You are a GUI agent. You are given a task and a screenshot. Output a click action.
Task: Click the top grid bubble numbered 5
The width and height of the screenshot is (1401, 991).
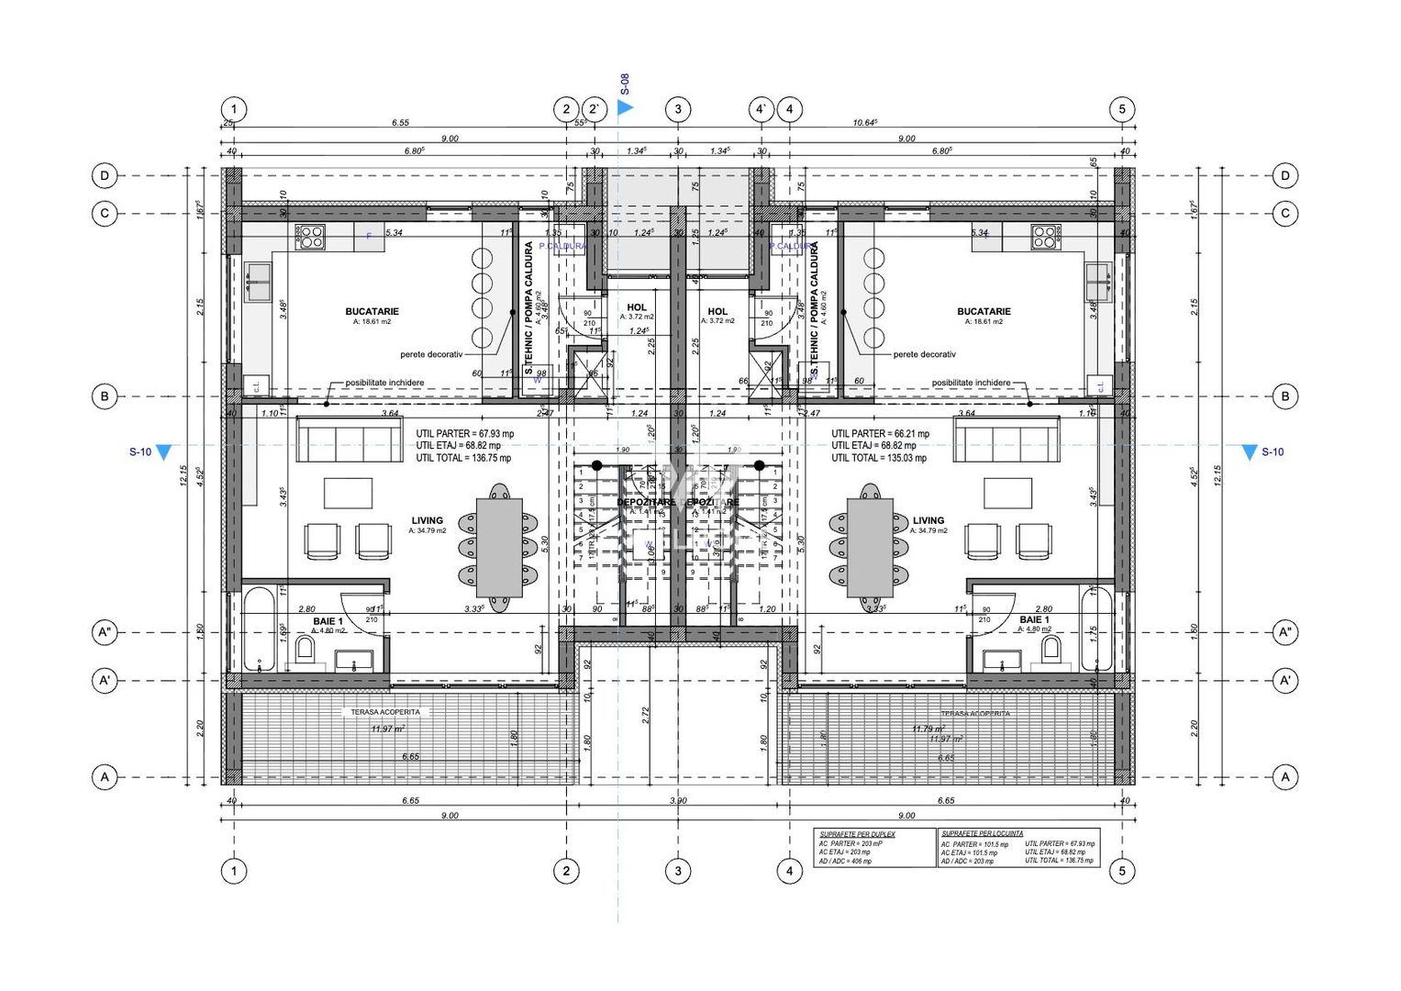point(1121,109)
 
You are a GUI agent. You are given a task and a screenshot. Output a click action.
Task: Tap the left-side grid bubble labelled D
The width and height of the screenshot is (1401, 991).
point(105,175)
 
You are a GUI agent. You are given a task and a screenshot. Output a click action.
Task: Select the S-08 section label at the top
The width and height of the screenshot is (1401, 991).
point(625,85)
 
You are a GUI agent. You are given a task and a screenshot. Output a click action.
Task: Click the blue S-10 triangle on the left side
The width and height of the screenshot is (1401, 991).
point(163,452)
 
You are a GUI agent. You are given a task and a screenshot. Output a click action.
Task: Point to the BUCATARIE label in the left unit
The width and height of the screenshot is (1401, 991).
point(372,312)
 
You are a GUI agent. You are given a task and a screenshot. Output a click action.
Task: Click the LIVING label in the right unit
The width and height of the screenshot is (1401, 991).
point(928,520)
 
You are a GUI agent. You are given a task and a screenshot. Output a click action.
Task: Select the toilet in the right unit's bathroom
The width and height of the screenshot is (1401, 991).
point(1051,651)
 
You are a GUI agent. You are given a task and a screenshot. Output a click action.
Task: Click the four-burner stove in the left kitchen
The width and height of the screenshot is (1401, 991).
point(310,237)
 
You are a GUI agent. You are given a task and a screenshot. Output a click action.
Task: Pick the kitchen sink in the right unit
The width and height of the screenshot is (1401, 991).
point(1098,282)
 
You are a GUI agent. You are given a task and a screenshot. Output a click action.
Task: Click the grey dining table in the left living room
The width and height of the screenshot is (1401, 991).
point(499,548)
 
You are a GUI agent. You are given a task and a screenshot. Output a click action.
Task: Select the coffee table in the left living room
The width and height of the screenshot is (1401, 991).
point(348,493)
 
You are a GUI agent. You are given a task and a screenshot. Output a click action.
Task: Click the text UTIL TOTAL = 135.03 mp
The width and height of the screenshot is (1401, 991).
point(878,458)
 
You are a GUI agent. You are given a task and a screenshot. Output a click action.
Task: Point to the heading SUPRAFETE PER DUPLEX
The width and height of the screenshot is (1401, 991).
point(857,834)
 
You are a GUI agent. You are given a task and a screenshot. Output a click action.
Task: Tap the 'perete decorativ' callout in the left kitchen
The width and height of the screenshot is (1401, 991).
point(431,354)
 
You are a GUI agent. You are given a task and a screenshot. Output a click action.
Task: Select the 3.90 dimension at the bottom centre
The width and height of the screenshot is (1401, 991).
point(677,801)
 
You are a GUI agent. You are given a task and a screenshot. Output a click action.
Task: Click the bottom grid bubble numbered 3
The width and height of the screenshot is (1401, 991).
point(678,871)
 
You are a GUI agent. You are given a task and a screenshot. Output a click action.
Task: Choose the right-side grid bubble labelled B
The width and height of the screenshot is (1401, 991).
point(1284,396)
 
